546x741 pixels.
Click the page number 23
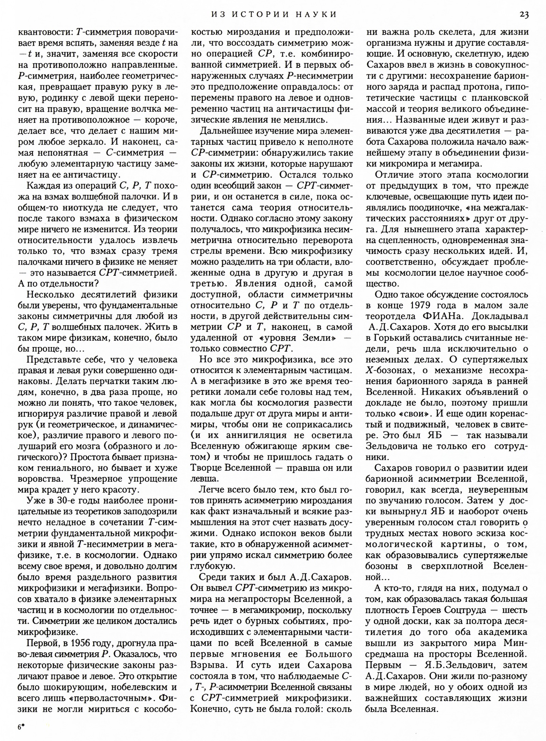coord(524,14)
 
